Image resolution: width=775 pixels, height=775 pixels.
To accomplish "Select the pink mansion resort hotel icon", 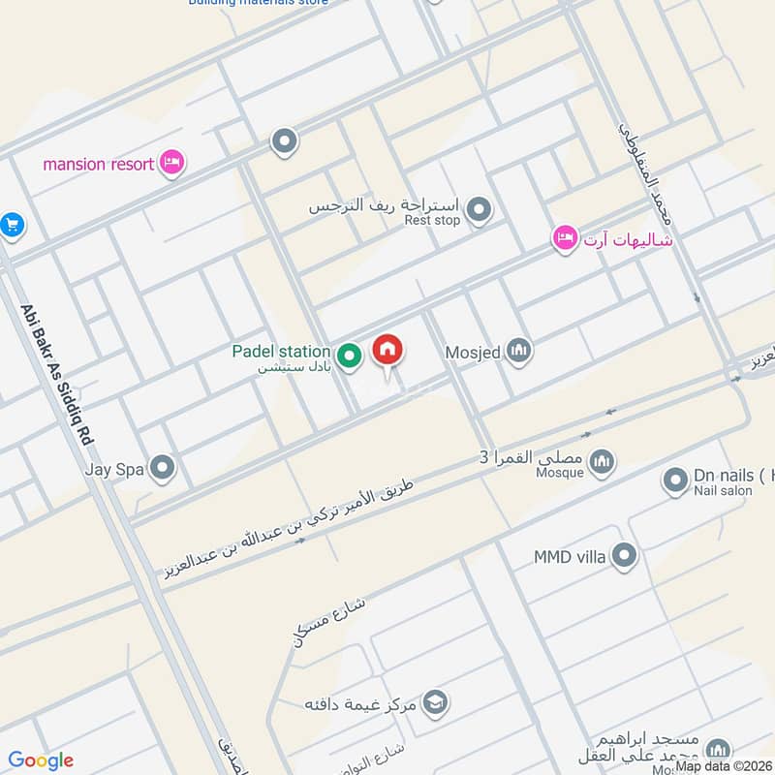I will pyautogui.click(x=171, y=163).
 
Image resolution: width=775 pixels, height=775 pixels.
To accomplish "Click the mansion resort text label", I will pyautogui.click(x=98, y=164).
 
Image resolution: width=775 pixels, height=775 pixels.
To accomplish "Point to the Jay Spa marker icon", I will pyautogui.click(x=162, y=469).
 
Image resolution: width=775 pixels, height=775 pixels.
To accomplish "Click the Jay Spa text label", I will pyautogui.click(x=114, y=470).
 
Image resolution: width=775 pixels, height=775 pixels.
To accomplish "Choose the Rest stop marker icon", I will pyautogui.click(x=478, y=208).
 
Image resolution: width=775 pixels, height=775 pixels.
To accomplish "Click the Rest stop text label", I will pyautogui.click(x=432, y=221).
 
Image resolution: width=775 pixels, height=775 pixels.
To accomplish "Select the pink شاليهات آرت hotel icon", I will pyautogui.click(x=565, y=237).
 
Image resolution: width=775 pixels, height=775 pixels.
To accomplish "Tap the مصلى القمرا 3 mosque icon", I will pyautogui.click(x=603, y=459).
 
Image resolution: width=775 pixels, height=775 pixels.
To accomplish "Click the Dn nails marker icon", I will pyautogui.click(x=675, y=479).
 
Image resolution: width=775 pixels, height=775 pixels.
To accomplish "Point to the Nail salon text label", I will pyautogui.click(x=723, y=491).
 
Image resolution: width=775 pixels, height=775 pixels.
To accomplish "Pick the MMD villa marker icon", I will pyautogui.click(x=626, y=556).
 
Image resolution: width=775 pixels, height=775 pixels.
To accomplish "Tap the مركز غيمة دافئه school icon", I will pyautogui.click(x=435, y=701).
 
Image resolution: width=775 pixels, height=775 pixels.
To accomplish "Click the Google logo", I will pyautogui.click(x=41, y=760).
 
